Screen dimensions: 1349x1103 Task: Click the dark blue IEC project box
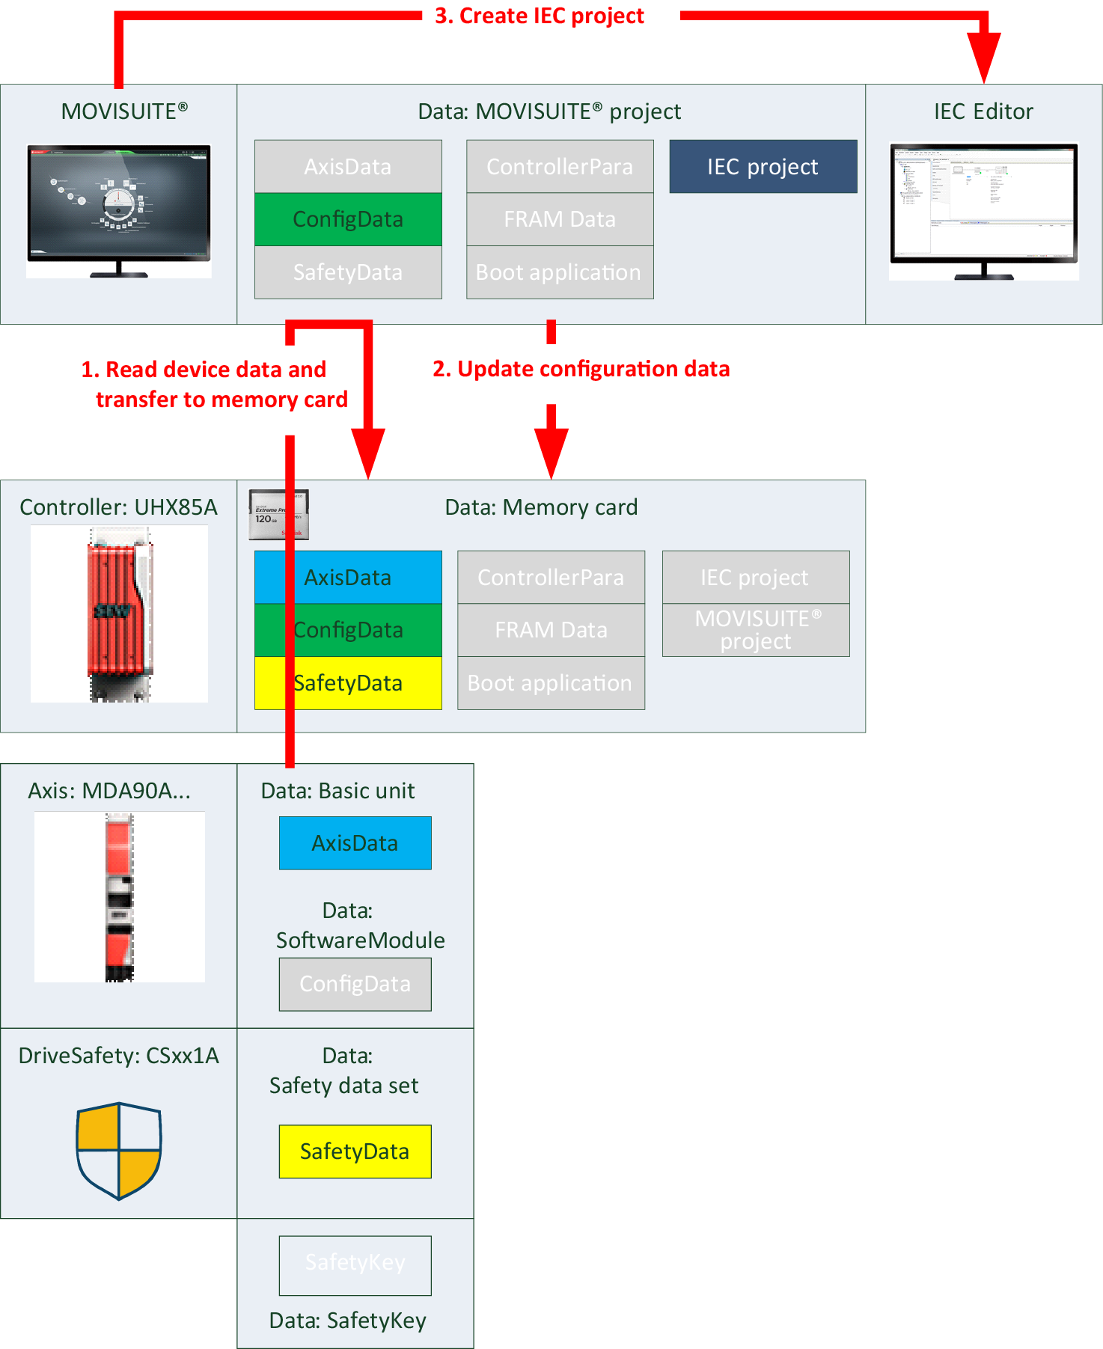pyautogui.click(x=763, y=166)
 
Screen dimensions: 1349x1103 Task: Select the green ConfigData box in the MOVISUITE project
pyautogui.click(x=348, y=219)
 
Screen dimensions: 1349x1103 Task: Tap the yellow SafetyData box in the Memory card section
pyautogui.click(x=348, y=683)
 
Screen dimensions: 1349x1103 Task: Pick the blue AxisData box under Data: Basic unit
pyautogui.click(x=355, y=843)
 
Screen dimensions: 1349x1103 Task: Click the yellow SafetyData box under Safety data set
pyautogui.click(x=355, y=1151)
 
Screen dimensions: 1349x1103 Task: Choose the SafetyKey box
pyautogui.click(x=355, y=1265)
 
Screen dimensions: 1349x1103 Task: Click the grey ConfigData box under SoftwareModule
pyautogui.click(x=355, y=984)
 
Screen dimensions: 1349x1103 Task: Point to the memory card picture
pyautogui.click(x=278, y=514)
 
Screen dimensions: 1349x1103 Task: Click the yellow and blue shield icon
pyautogui.click(x=119, y=1151)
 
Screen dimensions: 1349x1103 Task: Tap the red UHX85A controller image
pyautogui.click(x=120, y=614)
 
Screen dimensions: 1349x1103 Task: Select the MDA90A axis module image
pyautogui.click(x=120, y=896)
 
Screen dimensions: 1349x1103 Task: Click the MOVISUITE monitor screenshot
pyautogui.click(x=119, y=209)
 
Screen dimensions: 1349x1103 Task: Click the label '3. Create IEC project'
pyautogui.click(x=539, y=16)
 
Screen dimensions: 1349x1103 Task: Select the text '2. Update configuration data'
pyautogui.click(x=581, y=369)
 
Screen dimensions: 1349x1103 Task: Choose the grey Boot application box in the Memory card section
pyautogui.click(x=551, y=683)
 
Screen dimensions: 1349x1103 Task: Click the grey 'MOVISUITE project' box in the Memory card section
pyautogui.click(x=756, y=630)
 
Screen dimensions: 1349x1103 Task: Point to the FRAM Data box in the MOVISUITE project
pyautogui.click(x=560, y=219)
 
